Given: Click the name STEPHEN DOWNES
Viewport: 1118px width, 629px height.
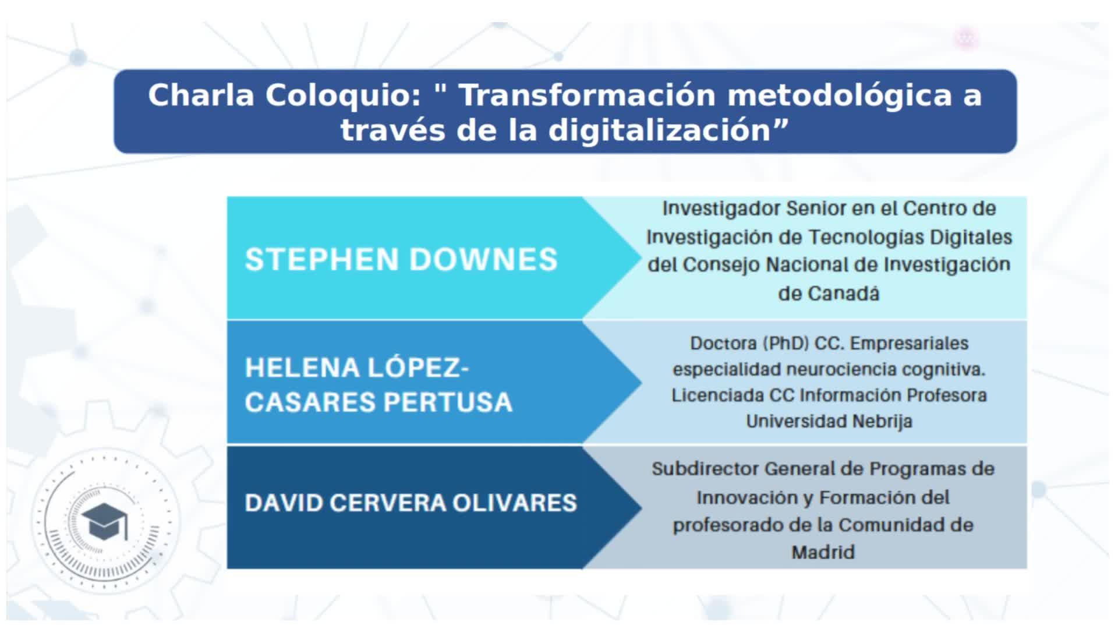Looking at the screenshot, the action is [x=401, y=259].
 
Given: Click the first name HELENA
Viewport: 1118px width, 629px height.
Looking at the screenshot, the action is [x=302, y=368].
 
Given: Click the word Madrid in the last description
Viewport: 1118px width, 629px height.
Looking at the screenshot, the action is [x=823, y=552].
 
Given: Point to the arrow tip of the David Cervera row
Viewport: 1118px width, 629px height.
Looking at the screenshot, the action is [x=641, y=507].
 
